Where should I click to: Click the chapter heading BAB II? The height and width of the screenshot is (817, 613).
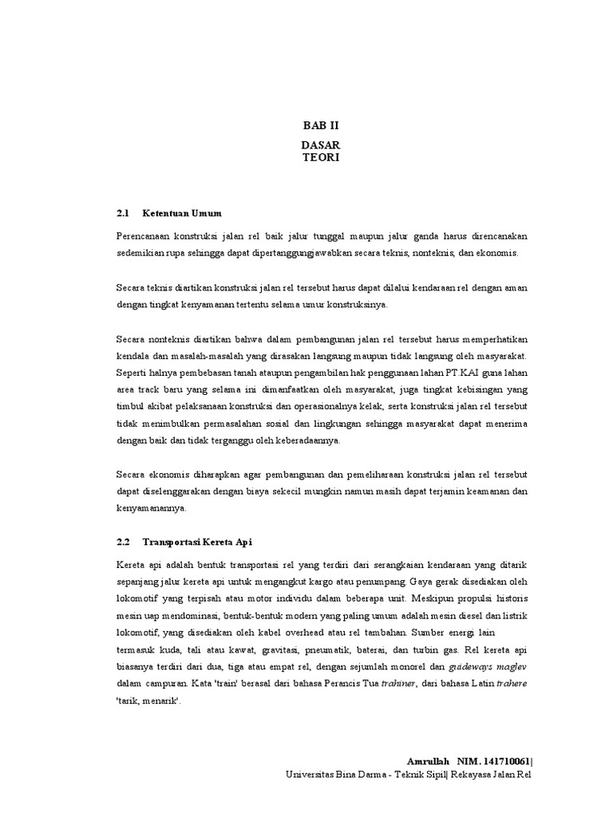(320, 126)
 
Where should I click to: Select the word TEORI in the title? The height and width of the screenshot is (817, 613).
(320, 158)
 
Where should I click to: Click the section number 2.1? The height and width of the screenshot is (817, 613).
(122, 214)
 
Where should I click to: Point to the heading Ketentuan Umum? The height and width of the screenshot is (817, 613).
(181, 214)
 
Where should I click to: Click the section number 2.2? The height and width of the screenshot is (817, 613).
(122, 542)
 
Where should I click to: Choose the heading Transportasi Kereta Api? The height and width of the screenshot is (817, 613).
(197, 542)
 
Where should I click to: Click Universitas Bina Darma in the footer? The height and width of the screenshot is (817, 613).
(330, 775)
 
